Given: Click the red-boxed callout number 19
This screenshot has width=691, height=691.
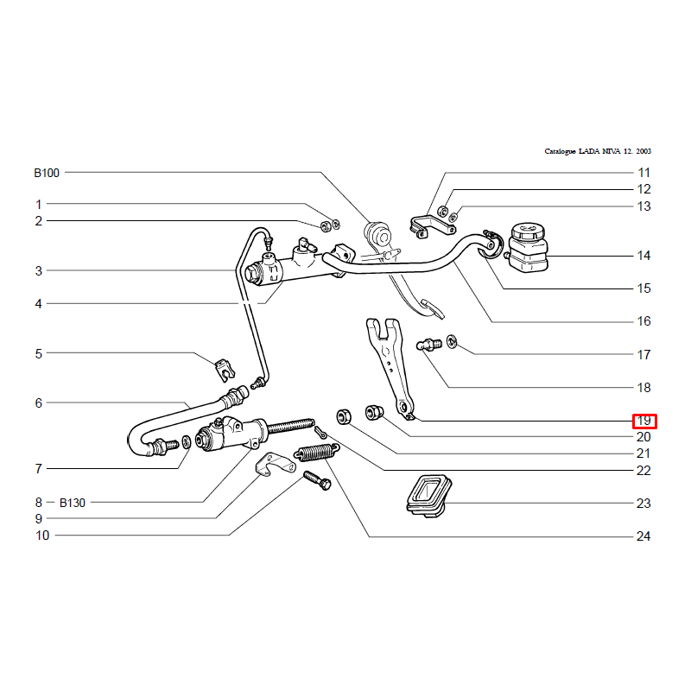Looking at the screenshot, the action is click(x=643, y=421).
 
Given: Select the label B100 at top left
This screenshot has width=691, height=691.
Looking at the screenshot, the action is click(x=47, y=173).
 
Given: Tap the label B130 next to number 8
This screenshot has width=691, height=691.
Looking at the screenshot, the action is click(x=73, y=503).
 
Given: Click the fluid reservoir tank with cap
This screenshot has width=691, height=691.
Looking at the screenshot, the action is click(x=528, y=247).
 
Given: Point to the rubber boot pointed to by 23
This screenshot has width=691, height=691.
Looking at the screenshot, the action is click(x=428, y=496).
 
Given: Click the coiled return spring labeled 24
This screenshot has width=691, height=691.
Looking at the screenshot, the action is click(x=317, y=452).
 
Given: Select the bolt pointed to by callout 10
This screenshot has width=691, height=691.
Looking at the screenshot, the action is click(x=317, y=480).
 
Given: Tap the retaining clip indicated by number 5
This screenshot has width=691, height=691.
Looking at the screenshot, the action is click(x=225, y=371).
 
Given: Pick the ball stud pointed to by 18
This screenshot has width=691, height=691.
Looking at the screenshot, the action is click(x=428, y=344).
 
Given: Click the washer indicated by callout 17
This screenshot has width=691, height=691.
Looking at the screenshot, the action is click(x=452, y=341).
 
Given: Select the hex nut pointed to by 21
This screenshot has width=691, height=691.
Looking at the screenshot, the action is click(x=344, y=416).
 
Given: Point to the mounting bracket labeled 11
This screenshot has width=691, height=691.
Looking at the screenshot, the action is click(x=433, y=226).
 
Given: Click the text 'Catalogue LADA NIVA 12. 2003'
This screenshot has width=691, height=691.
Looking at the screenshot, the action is click(x=598, y=151).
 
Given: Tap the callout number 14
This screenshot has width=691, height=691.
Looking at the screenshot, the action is click(x=643, y=256).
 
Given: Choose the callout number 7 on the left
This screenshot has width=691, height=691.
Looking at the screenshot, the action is click(x=39, y=468).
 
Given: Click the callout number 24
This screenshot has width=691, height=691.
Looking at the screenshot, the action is click(x=643, y=536).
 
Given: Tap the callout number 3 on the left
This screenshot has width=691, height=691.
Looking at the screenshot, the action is click(x=39, y=270).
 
